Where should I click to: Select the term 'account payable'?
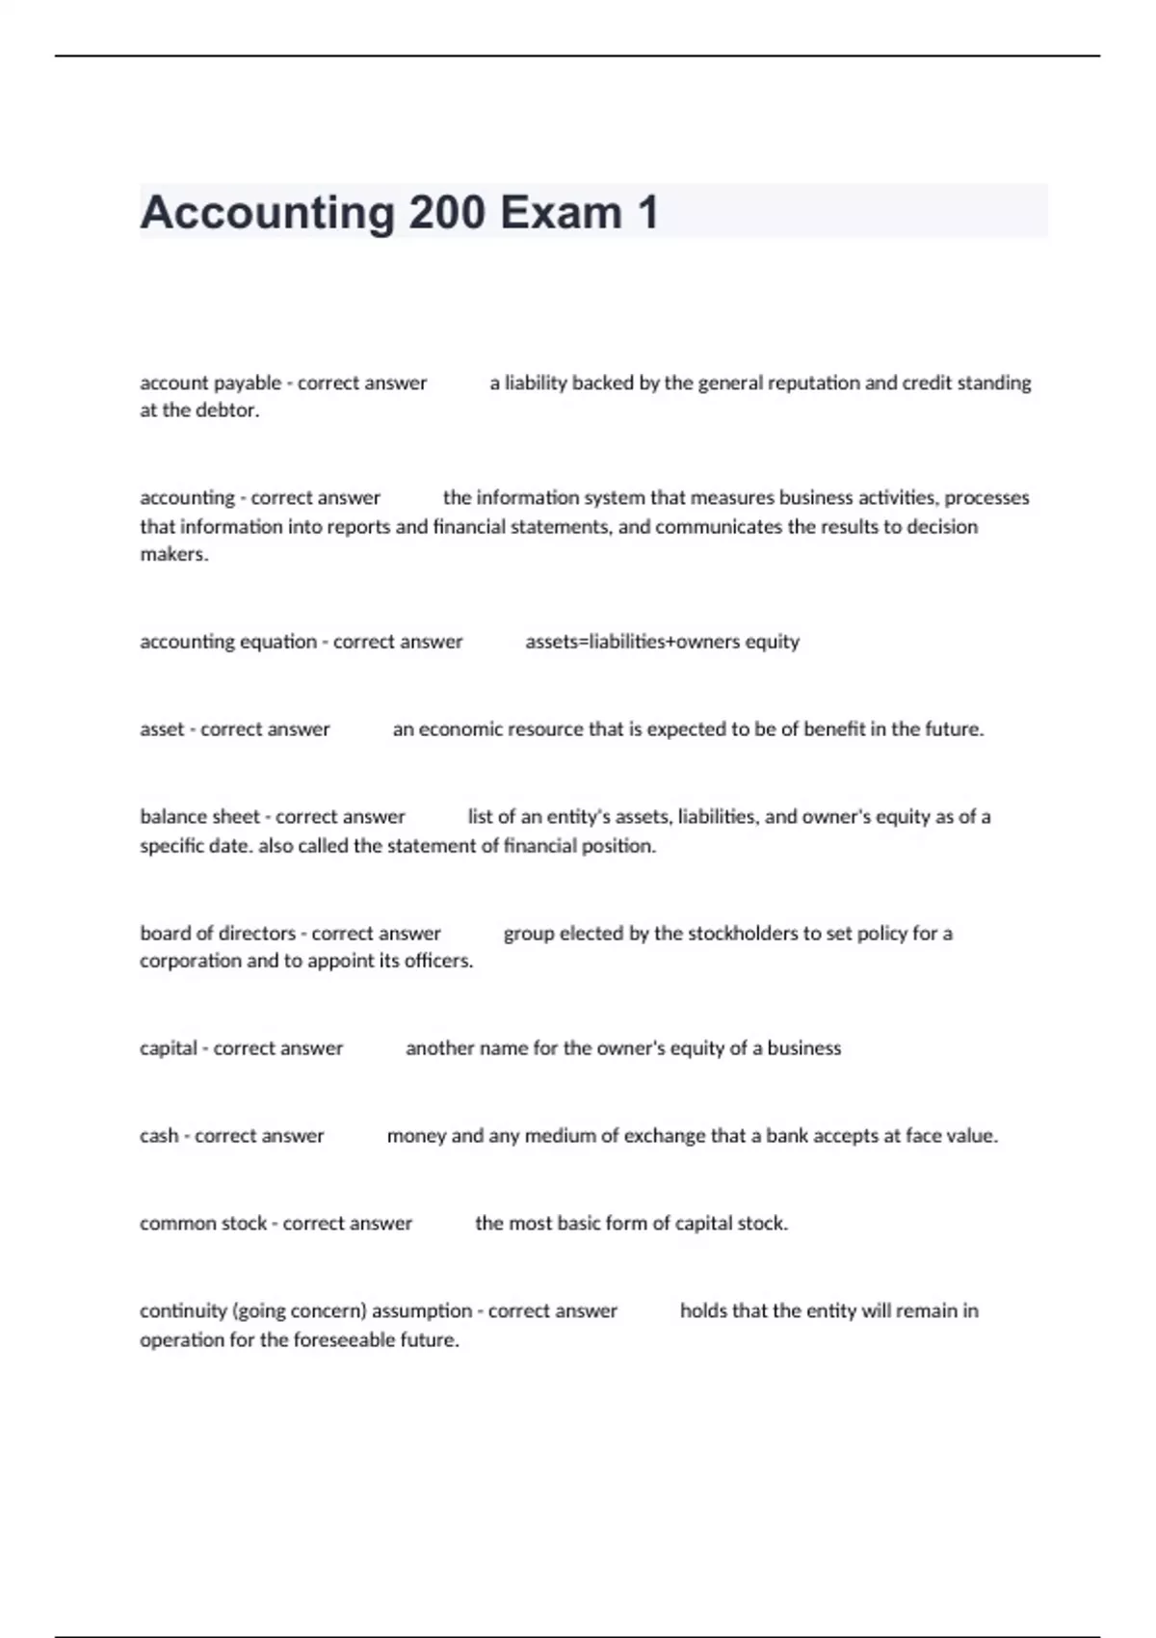[210, 383]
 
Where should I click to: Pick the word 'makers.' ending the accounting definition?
[174, 555]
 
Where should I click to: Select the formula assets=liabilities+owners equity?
[662, 642]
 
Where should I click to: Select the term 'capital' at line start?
[169, 1048]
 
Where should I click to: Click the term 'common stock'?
[202, 1224]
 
